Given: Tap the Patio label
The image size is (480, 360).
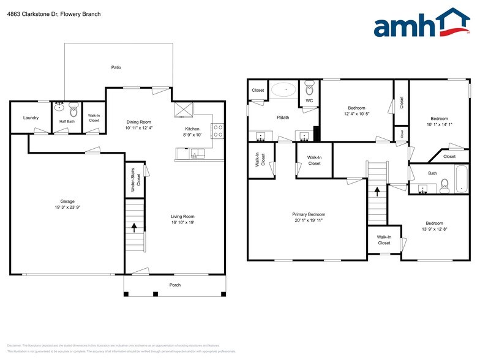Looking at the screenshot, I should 116,67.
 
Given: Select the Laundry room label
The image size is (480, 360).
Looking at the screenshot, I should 31,118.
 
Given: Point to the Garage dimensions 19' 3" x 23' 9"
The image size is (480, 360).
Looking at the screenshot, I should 67,208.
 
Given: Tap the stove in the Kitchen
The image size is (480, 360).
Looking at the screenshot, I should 217,130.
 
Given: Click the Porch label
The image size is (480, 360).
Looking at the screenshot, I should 175,285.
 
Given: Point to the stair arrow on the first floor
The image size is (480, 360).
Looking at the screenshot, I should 135,228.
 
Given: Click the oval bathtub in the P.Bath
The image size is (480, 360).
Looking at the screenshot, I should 283,91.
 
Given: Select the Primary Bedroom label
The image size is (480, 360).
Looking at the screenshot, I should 309,214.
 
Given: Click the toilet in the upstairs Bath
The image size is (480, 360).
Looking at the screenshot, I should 445,184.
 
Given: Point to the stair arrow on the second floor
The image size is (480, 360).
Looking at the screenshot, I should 377,192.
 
